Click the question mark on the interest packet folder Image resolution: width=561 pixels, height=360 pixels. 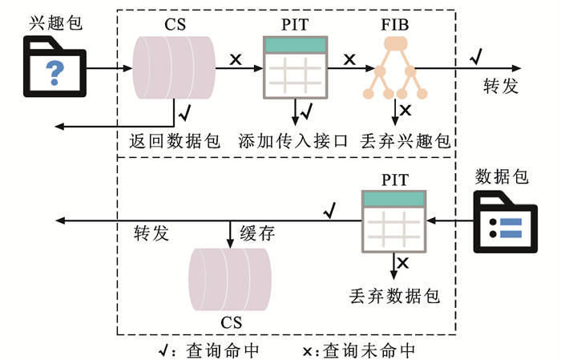(54, 73)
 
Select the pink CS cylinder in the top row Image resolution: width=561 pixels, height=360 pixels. (174, 68)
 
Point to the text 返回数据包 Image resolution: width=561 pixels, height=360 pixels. (175, 141)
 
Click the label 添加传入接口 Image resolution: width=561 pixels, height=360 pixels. (293, 141)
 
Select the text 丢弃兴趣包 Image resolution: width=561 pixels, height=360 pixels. (406, 141)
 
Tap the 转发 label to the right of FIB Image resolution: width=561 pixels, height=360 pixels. (501, 86)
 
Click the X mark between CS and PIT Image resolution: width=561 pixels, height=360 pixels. (236, 59)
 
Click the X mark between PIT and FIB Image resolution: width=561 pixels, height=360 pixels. (349, 59)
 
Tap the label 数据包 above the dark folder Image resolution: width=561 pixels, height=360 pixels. (502, 176)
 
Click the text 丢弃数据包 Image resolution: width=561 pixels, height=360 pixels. (395, 294)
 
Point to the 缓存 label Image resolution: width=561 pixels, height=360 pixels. (257, 234)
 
